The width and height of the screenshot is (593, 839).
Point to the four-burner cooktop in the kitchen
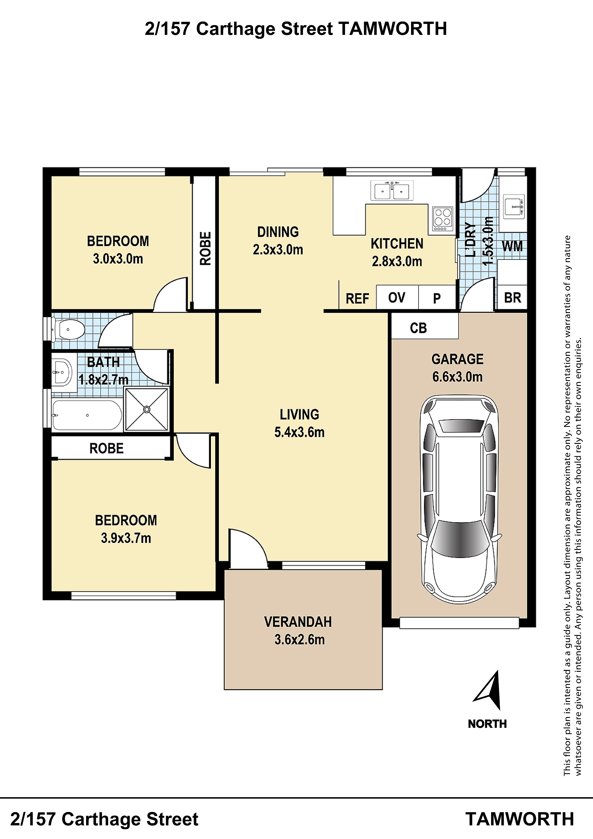tap(442, 219)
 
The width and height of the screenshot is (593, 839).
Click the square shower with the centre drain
tap(147, 410)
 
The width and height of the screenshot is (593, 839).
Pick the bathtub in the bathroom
tap(87, 415)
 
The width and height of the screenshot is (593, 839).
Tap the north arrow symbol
tap(488, 690)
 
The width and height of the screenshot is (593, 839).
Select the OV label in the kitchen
tap(397, 298)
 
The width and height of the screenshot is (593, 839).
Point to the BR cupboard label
tap(513, 298)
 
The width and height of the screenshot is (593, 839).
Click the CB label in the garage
tap(418, 328)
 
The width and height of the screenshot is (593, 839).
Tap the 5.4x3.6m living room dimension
tap(300, 432)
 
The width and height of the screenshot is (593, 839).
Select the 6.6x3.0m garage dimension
tap(457, 377)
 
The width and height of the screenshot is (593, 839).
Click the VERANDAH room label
tap(298, 622)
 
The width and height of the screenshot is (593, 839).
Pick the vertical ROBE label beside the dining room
tap(206, 248)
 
